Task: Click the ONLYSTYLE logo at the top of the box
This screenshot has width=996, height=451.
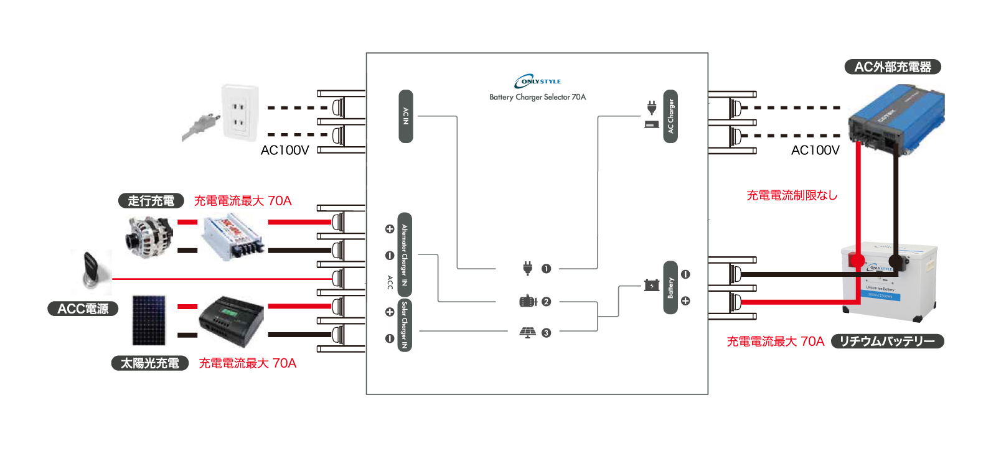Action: pyautogui.click(x=537, y=81)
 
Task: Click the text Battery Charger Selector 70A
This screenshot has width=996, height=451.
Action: pyautogui.click(x=537, y=97)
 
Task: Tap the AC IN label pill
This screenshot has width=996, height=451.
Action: pyautogui.click(x=405, y=116)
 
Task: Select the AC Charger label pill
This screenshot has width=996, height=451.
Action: pyautogui.click(x=670, y=116)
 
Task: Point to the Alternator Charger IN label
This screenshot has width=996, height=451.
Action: pyautogui.click(x=405, y=254)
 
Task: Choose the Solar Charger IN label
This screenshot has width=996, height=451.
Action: pyautogui.click(x=405, y=325)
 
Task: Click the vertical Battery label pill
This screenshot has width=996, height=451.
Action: pyautogui.click(x=670, y=287)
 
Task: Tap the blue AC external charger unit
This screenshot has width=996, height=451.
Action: pyautogui.click(x=896, y=120)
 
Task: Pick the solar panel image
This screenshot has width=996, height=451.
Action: pyautogui.click(x=149, y=320)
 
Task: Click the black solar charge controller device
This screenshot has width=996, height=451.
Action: pyautogui.click(x=232, y=321)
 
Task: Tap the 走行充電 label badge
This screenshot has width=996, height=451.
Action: pyautogui.click(x=151, y=201)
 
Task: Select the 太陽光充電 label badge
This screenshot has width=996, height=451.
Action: pyautogui.click(x=150, y=363)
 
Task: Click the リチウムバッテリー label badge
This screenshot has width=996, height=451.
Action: pyautogui.click(x=887, y=342)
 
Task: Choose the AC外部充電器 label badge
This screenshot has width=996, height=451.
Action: pyautogui.click(x=892, y=67)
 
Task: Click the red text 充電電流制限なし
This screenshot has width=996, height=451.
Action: pyautogui.click(x=792, y=195)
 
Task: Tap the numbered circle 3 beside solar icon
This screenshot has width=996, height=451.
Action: pyautogui.click(x=546, y=333)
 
